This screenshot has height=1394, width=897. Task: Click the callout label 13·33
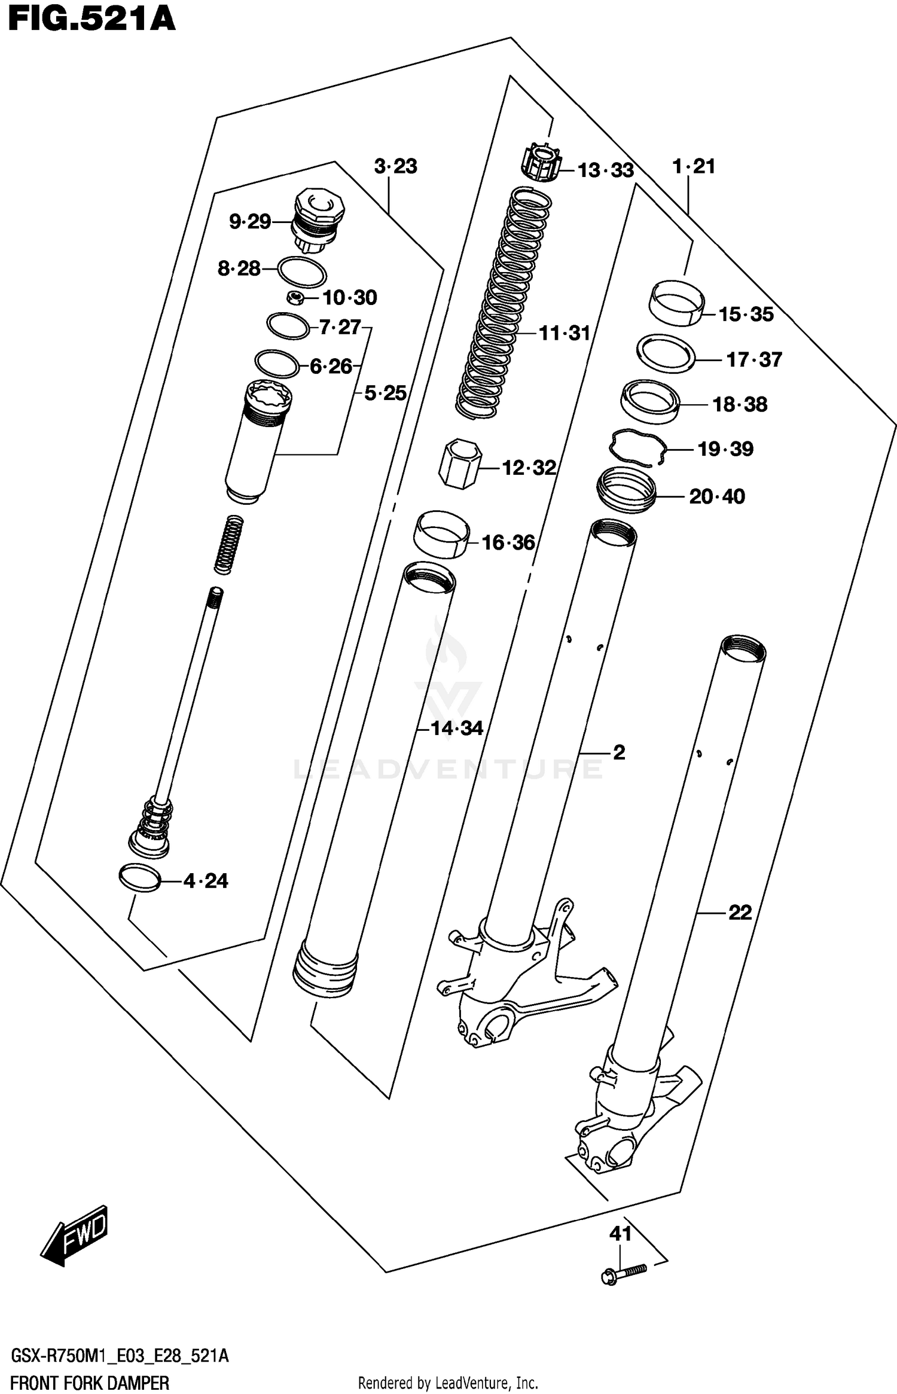pyautogui.click(x=605, y=170)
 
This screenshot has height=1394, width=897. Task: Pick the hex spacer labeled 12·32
pyautogui.click(x=459, y=463)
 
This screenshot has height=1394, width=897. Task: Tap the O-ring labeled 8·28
pyautogui.click(x=302, y=272)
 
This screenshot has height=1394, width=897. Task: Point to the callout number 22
pyautogui.click(x=739, y=913)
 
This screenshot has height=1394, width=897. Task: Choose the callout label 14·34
pyautogui.click(x=457, y=728)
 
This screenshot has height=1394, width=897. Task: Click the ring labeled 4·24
pyautogui.click(x=141, y=878)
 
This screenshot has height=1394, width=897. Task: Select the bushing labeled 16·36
pyautogui.click(x=441, y=534)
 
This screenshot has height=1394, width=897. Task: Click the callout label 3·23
pyautogui.click(x=395, y=166)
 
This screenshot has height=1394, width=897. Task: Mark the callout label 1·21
pyautogui.click(x=694, y=166)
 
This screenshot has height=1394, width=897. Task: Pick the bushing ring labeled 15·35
pyautogui.click(x=676, y=303)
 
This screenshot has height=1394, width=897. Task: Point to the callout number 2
pyautogui.click(x=619, y=752)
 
